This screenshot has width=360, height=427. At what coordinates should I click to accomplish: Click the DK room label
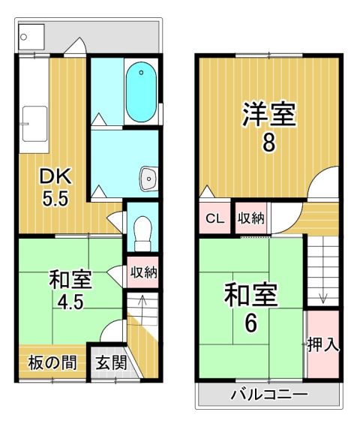(x=55, y=177)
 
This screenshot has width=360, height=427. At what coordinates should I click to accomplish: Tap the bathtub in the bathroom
(x=141, y=92)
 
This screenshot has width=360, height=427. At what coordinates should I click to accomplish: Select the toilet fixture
(x=142, y=233)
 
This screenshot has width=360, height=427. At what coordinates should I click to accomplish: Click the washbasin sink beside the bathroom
(x=148, y=179)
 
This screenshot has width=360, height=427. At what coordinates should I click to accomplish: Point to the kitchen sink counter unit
(x=34, y=104)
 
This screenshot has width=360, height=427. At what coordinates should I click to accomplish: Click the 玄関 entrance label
(x=112, y=362)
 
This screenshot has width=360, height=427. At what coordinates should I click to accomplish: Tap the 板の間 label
(x=52, y=362)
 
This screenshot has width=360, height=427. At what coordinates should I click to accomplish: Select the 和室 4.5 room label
(x=70, y=290)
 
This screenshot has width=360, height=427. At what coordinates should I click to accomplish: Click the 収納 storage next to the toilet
(x=143, y=272)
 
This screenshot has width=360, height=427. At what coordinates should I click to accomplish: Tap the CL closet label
(x=214, y=218)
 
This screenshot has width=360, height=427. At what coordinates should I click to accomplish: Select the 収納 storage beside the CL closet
(x=251, y=218)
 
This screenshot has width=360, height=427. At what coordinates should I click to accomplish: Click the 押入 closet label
(x=323, y=345)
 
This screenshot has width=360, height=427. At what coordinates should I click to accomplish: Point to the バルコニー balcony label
(x=269, y=394)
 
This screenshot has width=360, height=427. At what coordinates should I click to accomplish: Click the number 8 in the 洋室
(x=268, y=143)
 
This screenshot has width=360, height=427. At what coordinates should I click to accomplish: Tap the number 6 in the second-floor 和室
(x=251, y=323)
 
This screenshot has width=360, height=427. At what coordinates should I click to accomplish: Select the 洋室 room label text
(x=268, y=113)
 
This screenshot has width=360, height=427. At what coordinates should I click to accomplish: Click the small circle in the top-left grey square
(x=23, y=37)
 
